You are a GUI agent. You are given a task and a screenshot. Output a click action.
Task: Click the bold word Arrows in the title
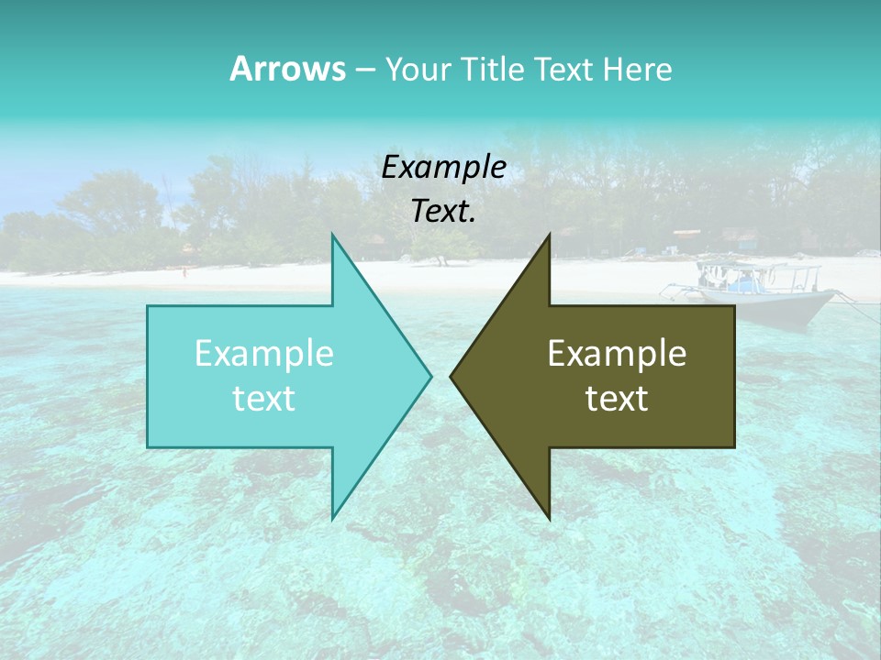287,69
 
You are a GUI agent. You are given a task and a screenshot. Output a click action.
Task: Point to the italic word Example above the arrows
443,168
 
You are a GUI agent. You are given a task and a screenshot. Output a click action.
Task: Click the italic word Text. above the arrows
443,212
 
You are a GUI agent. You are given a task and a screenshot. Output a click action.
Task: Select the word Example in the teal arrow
264,354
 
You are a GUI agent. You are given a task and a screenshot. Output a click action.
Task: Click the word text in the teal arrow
264,399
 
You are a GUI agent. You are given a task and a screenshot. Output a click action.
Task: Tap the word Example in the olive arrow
617,354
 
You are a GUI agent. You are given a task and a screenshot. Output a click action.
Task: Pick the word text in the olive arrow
617,399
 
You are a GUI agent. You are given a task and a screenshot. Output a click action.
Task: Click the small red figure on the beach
184,271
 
